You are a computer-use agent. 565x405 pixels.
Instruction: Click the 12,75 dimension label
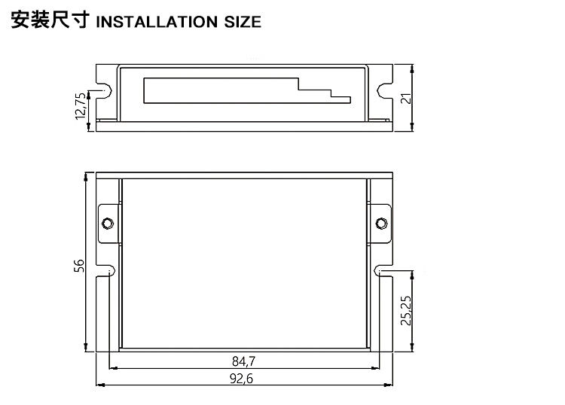point(81,106)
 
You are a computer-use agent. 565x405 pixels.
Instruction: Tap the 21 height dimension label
point(406,98)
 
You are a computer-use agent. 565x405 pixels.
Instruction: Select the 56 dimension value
point(79,266)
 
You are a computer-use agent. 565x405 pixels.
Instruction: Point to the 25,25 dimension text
point(406,310)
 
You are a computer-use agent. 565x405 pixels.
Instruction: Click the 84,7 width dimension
point(243,361)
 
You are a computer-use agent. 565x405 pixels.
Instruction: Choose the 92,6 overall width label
point(241,379)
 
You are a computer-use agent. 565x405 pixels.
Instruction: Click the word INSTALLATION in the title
point(157,22)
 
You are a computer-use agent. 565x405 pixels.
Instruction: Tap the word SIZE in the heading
point(243,22)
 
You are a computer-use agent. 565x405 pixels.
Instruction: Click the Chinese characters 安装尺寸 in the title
point(50,20)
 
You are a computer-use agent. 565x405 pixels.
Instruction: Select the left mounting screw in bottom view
point(108,223)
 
